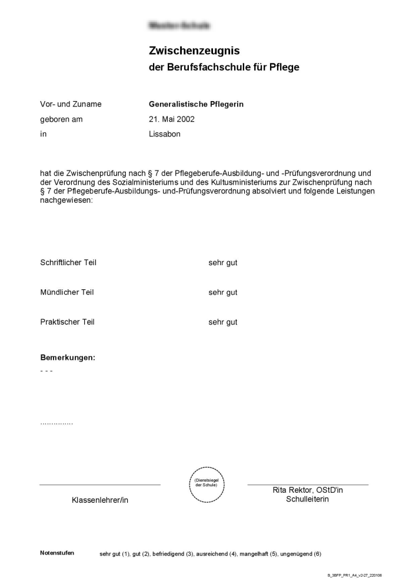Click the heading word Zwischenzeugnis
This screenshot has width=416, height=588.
[194, 51]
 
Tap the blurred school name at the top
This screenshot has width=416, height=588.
[179, 26]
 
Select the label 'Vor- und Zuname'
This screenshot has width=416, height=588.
[71, 104]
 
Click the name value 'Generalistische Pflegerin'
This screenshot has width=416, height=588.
[196, 104]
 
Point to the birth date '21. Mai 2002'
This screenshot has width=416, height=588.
[172, 119]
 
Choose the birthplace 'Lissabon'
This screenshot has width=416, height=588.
[165, 134]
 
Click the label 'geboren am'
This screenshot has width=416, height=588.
[61, 119]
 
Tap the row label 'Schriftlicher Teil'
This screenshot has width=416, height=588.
[68, 263]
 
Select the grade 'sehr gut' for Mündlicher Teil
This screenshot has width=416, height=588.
[222, 292]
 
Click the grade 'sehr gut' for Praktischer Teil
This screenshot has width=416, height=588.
[222, 322]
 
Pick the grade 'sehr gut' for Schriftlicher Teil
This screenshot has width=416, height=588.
[222, 263]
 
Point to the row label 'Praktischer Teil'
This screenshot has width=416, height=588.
[67, 322]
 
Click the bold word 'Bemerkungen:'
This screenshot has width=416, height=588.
[68, 358]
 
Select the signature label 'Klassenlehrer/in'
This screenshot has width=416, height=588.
[100, 500]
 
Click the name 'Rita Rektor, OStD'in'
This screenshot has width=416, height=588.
[308, 490]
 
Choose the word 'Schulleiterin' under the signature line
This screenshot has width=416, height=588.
[308, 499]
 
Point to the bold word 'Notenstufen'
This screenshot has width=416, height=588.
[57, 553]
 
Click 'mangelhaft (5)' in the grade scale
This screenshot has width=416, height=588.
[258, 554]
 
